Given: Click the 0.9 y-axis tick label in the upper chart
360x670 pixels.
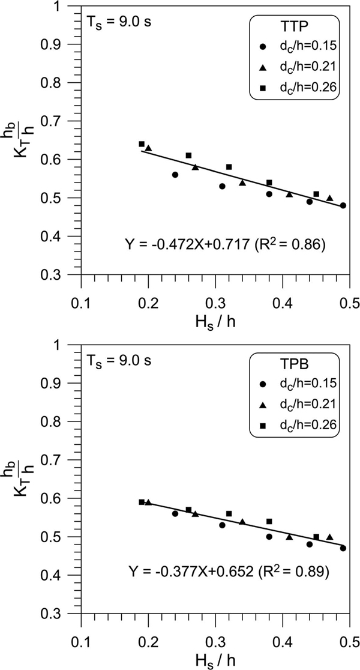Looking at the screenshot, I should [x=65, y=44].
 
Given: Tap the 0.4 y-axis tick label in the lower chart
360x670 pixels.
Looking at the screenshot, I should [x=65, y=575].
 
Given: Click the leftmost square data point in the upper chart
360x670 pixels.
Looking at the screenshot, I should [x=142, y=144].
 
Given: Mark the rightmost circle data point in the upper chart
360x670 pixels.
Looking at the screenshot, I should [x=343, y=205].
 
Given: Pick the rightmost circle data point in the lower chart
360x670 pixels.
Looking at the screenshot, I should [x=343, y=548].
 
